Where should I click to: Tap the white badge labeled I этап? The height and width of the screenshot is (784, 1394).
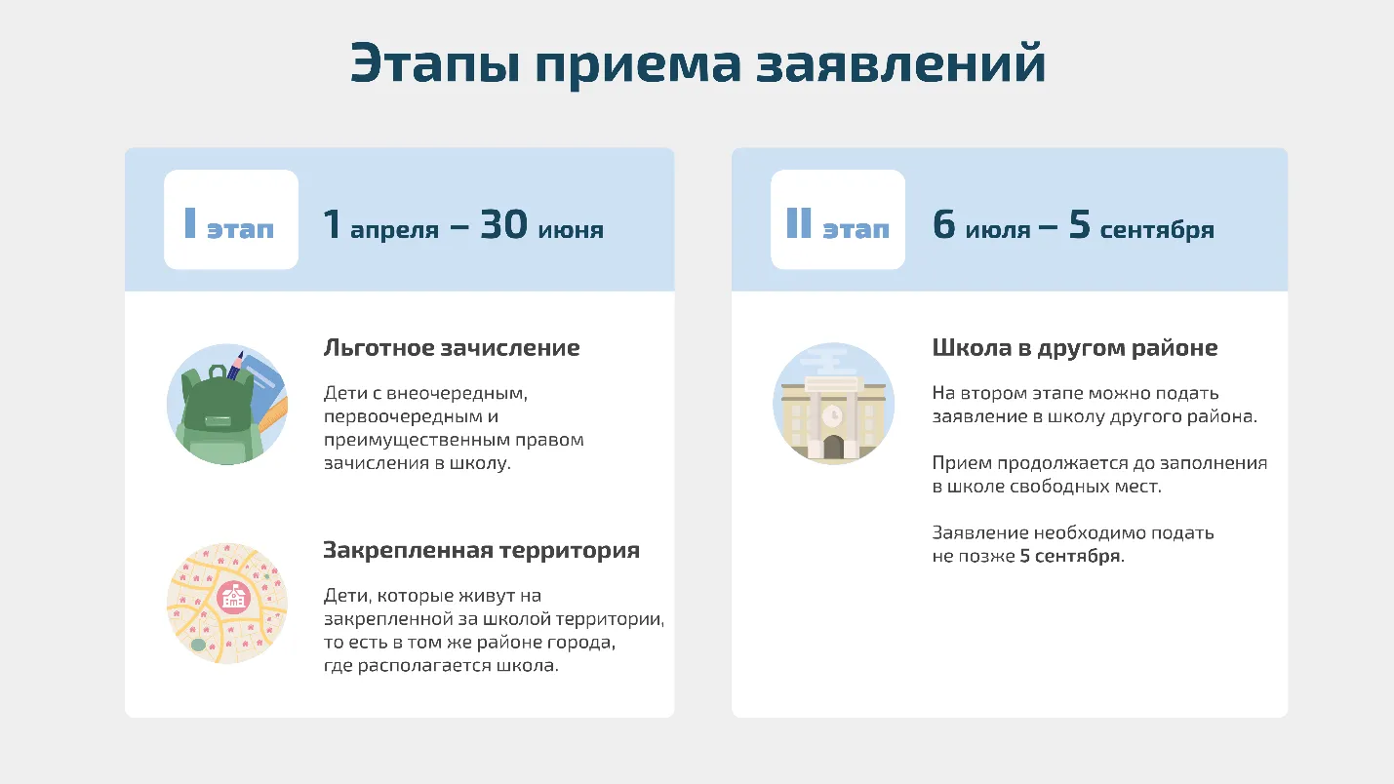pos(231,219)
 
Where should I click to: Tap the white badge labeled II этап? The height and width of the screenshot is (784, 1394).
pos(838,219)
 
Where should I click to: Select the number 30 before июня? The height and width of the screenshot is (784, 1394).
pos(504,224)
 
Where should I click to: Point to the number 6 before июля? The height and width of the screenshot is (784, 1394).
pos(944,224)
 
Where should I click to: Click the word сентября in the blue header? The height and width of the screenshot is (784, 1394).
pos(1157,230)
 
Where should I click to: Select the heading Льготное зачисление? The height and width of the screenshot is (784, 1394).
pos(452,348)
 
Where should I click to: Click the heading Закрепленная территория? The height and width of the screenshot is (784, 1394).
pos(482,550)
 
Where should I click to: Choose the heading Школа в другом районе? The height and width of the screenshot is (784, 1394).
pos(1075,348)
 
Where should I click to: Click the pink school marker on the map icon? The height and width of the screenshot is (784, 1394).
pos(233,598)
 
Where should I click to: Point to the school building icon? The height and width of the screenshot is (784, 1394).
pos(833,404)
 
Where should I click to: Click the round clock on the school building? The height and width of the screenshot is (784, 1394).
pos(833,415)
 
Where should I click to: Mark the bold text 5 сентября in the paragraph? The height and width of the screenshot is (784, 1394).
pos(1070,556)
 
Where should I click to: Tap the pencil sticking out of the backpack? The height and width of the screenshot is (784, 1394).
pos(235,366)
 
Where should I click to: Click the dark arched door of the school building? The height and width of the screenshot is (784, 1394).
pos(833,447)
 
